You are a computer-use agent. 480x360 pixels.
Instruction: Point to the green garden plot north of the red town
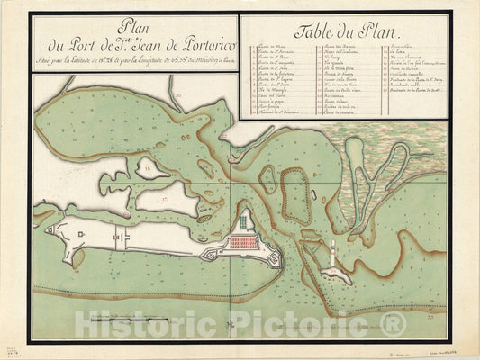243,221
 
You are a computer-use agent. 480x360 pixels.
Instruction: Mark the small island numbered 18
148,167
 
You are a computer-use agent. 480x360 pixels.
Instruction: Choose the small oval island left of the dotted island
268,179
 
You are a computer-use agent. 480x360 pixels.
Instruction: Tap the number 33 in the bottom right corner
431,316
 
